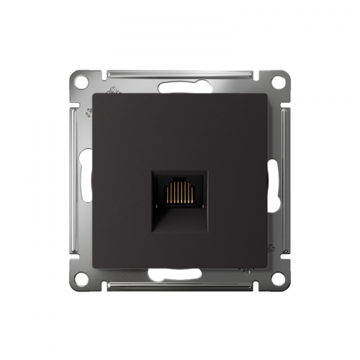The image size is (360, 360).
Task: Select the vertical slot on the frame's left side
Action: pos(87,180)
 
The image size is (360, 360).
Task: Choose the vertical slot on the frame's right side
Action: pos(272,180)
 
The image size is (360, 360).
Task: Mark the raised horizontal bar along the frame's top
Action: pos(180,72)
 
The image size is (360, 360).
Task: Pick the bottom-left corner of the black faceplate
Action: pos(94,266)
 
